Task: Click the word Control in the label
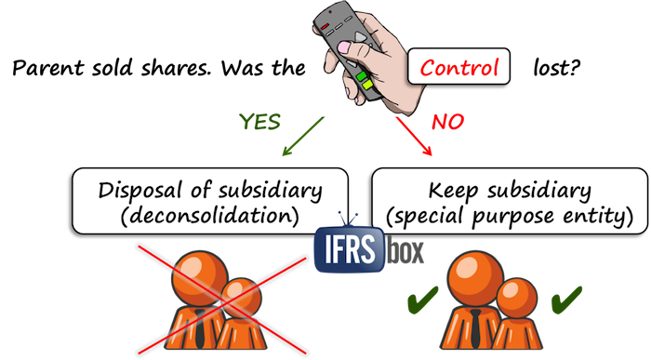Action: point(459,67)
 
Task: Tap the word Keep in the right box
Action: point(457,192)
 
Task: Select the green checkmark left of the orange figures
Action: point(419,300)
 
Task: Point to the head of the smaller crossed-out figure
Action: point(240,297)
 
